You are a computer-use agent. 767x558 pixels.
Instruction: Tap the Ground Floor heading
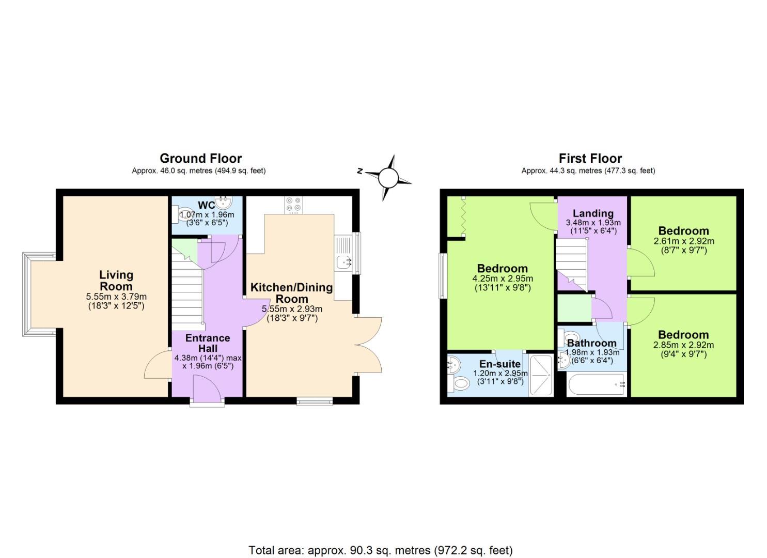200,159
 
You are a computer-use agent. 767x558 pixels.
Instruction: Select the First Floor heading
590,159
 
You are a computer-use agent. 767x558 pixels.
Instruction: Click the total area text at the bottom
381,550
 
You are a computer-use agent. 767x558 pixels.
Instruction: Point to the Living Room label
116,281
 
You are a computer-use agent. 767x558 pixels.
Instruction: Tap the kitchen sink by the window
343,261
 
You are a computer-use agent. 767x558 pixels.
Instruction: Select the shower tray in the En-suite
541,375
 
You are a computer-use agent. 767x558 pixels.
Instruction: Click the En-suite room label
500,364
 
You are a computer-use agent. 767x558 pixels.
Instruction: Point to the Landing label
593,213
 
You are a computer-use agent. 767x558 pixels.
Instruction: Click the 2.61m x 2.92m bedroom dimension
683,241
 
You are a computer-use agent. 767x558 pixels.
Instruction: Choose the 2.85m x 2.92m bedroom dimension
683,345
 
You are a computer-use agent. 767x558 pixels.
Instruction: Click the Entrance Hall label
207,343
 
